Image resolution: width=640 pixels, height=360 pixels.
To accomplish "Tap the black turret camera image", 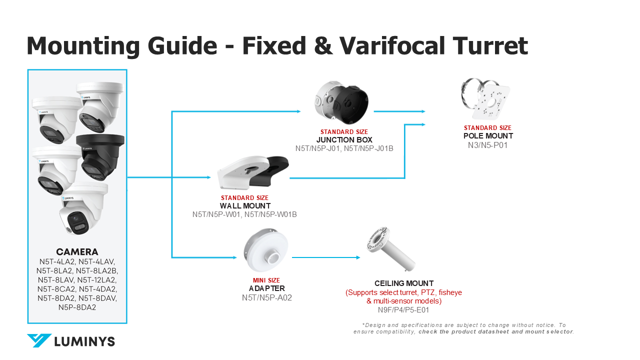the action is coord(100,156).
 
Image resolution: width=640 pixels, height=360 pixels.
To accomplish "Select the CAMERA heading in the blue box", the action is coord(77,251).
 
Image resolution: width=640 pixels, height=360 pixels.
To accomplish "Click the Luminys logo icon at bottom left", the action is coord(39,340).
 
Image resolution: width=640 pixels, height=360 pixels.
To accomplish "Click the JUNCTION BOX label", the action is coord(344,140).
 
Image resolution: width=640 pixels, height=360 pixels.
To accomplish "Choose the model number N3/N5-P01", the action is coord(487,145).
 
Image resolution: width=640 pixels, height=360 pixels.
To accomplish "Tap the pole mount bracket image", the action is coord(485,98).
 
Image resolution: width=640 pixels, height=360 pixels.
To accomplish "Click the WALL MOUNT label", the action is coord(245,206).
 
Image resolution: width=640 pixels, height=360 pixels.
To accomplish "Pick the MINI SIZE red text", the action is coord(266,280).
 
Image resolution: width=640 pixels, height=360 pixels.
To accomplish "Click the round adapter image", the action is coord(265,250).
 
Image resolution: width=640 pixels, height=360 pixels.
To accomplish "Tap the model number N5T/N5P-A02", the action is coord(267,297).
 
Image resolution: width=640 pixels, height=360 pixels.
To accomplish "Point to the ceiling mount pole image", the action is coord(391,249).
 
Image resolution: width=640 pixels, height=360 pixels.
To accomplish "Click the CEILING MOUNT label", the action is coord(404,283).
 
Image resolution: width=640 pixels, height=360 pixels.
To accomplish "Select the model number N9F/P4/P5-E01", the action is coord(403,310).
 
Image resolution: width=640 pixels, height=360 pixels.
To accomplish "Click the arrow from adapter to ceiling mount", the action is coord(326,257).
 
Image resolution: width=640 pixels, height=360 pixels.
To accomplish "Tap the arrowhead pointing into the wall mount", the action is coord(209,177).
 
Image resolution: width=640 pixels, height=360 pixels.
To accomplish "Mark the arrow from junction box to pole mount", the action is coord(399,111).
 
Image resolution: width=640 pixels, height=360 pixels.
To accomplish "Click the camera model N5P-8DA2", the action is coord(77,307).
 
